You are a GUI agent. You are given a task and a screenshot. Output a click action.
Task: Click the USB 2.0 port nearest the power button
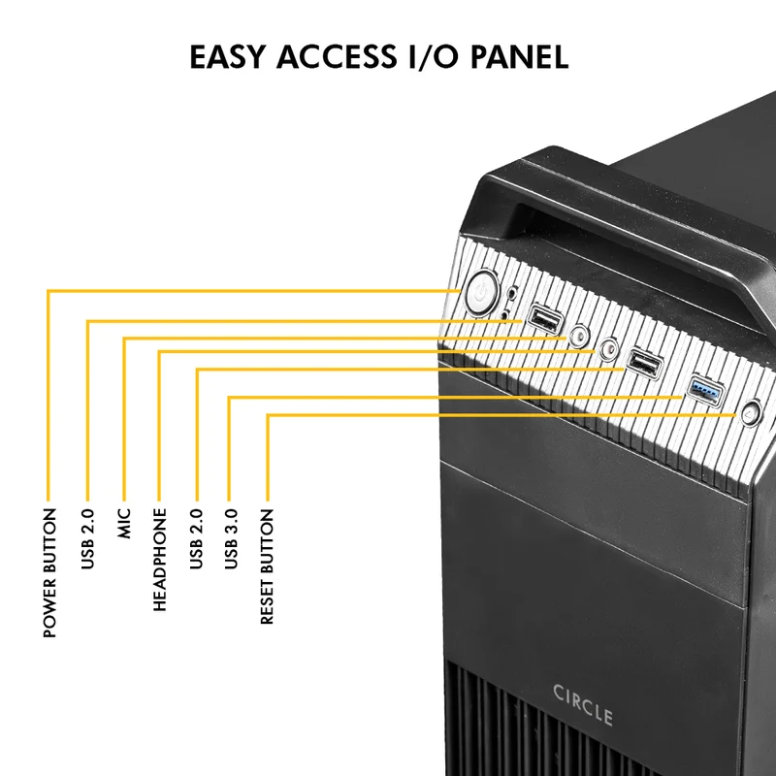pyautogui.click(x=545, y=320)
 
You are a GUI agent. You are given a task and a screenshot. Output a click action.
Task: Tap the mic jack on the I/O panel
pyautogui.click(x=578, y=336)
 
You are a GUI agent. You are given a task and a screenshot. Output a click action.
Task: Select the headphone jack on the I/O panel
pyautogui.click(x=608, y=349)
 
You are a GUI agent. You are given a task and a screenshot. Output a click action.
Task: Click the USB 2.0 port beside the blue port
pyautogui.click(x=644, y=363)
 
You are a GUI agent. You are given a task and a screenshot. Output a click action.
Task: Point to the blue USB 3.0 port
pyautogui.click(x=706, y=390)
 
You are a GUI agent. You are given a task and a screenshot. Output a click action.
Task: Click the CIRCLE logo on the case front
pyautogui.click(x=583, y=705)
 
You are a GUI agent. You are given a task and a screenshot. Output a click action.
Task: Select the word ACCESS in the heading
pyautogui.click(x=337, y=56)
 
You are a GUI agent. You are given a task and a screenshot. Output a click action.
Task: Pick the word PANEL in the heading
pyautogui.click(x=519, y=56)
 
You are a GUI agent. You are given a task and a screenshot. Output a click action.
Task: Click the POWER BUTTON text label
pyautogui.click(x=50, y=572)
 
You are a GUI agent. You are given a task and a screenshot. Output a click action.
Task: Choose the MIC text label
pyautogui.click(x=124, y=523)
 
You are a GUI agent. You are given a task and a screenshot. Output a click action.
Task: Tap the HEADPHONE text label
pyautogui.click(x=160, y=560)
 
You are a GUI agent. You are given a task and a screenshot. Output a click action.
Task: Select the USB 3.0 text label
pyautogui.click(x=231, y=539)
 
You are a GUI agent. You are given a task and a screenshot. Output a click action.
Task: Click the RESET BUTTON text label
pyautogui.click(x=267, y=566)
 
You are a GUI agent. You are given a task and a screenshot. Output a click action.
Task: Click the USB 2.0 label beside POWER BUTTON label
pyautogui.click(x=87, y=539)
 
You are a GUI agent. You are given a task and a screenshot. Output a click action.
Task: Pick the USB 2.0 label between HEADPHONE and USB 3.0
pyautogui.click(x=196, y=539)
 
